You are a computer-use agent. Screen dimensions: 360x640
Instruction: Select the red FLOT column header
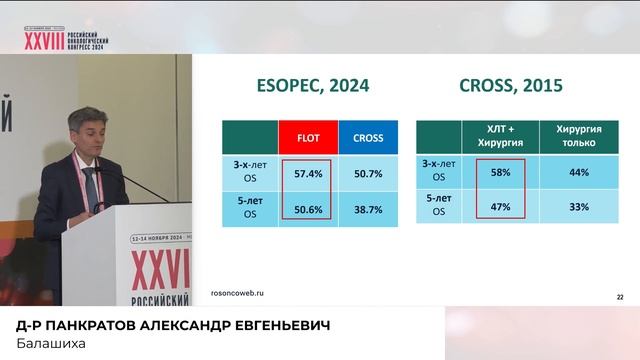tap(308, 137)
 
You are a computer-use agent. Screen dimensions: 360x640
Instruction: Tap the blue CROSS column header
tap(368, 137)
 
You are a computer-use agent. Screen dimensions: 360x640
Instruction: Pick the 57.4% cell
tap(308, 174)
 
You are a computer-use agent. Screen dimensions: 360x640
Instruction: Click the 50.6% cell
tap(308, 211)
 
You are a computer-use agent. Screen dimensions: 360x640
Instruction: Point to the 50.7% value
tap(368, 174)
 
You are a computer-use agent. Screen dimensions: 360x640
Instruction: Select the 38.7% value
tap(368, 211)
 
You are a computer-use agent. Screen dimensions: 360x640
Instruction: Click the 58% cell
tap(501, 172)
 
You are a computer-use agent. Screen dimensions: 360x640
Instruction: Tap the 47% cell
tap(501, 207)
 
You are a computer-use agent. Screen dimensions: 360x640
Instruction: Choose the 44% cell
tap(578, 172)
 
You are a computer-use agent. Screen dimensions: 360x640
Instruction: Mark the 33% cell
tap(578, 207)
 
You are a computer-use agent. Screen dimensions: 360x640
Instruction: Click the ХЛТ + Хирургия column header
tap(501, 136)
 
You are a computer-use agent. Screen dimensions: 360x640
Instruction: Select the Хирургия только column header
tap(578, 136)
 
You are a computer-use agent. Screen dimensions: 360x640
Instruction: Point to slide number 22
tap(619, 297)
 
